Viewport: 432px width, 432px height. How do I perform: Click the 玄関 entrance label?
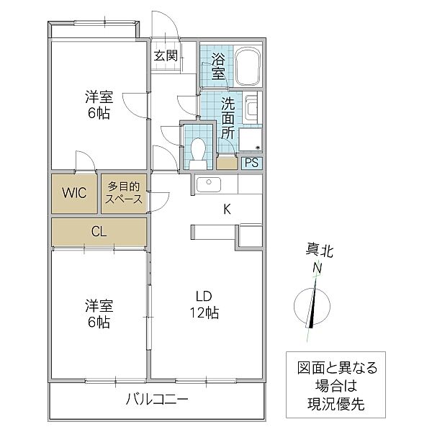coord(165,55)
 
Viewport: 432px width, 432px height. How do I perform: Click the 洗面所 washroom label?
coord(228,118)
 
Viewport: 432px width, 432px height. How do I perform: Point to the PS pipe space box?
coord(251,163)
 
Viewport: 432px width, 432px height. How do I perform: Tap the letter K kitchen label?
coord(226,210)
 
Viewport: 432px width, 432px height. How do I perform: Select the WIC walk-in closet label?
coord(73,193)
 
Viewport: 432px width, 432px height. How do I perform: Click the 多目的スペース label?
coord(125,192)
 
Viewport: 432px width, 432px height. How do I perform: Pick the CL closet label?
coord(99,232)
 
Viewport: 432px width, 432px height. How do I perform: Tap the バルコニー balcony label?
coord(156,400)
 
